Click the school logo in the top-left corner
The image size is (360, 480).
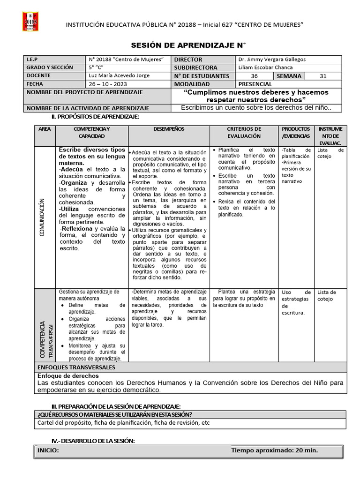[30, 22]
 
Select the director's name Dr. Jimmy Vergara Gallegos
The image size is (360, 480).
[271, 60]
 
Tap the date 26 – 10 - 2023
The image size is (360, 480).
[105, 84]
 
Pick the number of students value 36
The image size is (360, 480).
[254, 76]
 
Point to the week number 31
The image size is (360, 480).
[323, 76]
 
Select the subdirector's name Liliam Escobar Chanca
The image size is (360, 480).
[266, 67]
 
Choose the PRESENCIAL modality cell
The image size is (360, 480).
[255, 84]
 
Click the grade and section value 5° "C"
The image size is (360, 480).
[96, 67]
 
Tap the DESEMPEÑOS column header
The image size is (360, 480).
[169, 129]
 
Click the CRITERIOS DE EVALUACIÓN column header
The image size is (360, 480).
[244, 132]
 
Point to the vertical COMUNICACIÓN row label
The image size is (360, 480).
[42, 217]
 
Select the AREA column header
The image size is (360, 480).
[45, 129]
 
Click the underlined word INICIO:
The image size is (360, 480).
[48, 450]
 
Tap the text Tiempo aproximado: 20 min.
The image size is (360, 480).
[274, 450]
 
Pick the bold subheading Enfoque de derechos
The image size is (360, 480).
[67, 376]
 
